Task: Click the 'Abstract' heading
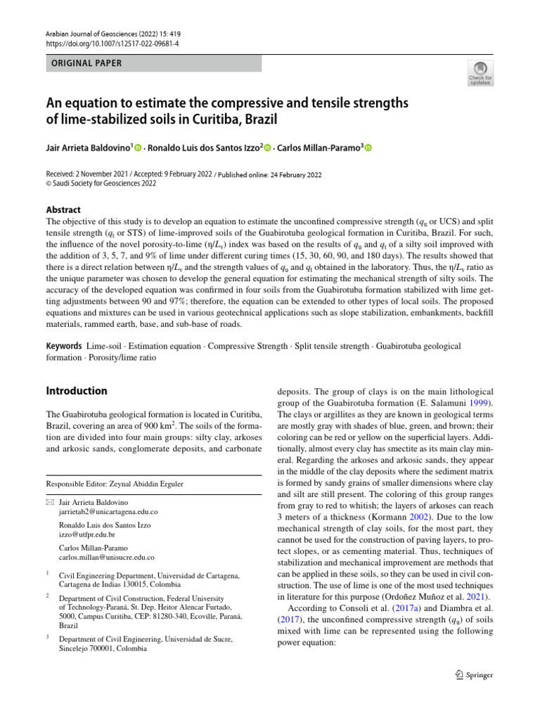click(x=63, y=210)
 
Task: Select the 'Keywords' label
click(x=64, y=347)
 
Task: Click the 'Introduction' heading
click(x=77, y=391)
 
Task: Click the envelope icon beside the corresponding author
click(x=50, y=503)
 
